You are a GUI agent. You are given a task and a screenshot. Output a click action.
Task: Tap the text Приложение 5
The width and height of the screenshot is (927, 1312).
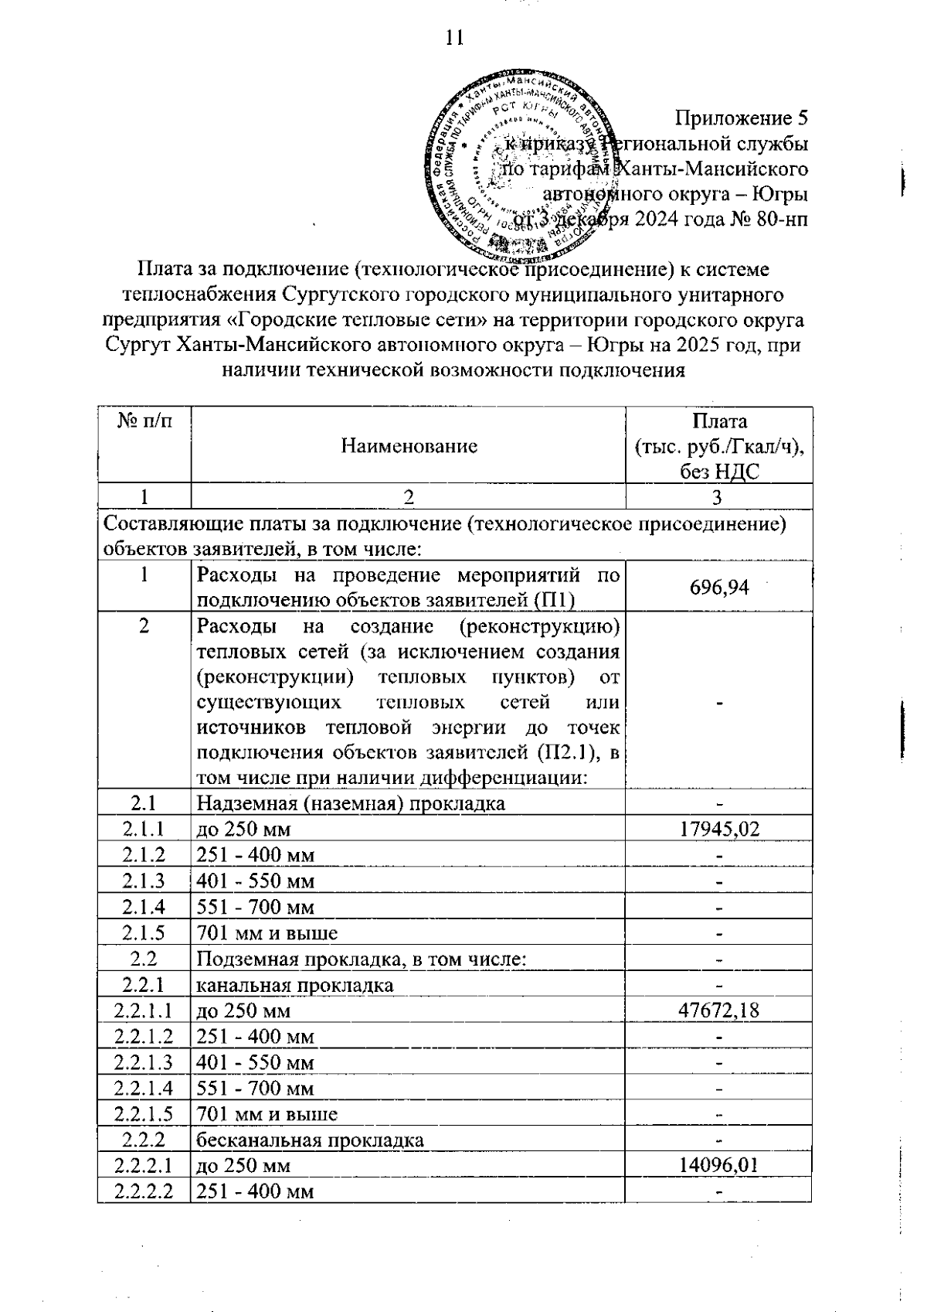pos(741,118)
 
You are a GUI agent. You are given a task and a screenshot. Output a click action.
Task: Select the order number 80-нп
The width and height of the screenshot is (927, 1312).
pos(783,219)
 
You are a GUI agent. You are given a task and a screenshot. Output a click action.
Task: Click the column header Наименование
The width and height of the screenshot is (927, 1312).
pos(409,446)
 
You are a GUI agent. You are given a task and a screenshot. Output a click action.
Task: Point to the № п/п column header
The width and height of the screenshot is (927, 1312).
pos(144,421)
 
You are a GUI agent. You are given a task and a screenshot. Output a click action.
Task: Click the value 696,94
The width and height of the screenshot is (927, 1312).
pos(718,588)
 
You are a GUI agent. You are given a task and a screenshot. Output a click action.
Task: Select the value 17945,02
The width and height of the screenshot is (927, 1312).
pos(718,830)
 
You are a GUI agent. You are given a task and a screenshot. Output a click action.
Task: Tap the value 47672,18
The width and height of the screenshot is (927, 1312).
pos(718,1010)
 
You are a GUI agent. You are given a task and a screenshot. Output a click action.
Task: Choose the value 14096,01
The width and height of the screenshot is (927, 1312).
pos(718,1165)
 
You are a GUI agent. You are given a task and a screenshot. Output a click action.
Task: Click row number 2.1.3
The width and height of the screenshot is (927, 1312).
pos(144,881)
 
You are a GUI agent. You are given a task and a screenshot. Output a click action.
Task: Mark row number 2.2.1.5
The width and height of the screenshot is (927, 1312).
pos(144,1114)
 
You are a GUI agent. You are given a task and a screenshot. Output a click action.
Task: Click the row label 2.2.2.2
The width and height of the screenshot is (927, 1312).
pos(144,1191)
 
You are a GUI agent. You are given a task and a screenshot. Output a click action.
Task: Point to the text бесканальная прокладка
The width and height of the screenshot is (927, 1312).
pos(310,1140)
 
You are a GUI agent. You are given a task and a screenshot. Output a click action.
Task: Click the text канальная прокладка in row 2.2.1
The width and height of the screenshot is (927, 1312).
pos(295,985)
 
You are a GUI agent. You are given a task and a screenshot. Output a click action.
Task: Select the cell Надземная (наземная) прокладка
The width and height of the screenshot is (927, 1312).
pos(351,803)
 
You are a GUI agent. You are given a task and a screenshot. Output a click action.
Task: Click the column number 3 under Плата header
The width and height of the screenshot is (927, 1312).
pos(718,497)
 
